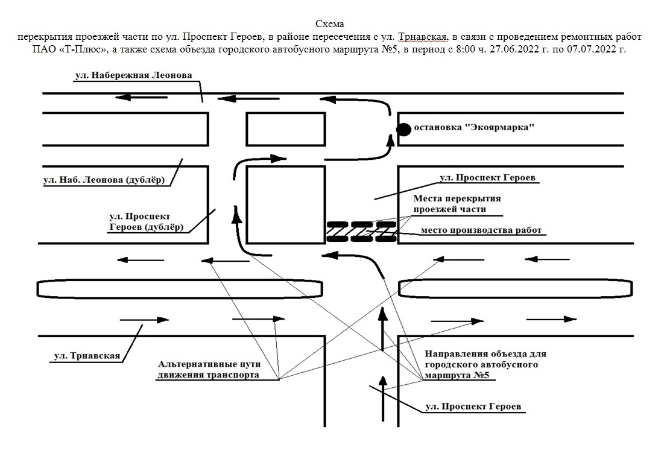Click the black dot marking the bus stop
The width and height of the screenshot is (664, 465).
403,128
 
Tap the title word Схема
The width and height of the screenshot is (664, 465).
330,24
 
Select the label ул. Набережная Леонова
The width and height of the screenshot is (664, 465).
133,75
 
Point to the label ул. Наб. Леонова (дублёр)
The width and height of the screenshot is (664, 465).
104,180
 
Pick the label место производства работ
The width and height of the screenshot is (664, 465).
481,230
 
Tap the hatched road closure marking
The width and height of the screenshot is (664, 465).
361,232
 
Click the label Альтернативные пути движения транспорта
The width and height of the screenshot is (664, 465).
209,370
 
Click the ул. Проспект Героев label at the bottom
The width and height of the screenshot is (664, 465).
472,407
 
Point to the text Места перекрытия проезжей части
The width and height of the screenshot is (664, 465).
457,204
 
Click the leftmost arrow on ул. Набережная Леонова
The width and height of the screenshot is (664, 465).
133,96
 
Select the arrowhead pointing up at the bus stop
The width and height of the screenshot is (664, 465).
391,140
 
